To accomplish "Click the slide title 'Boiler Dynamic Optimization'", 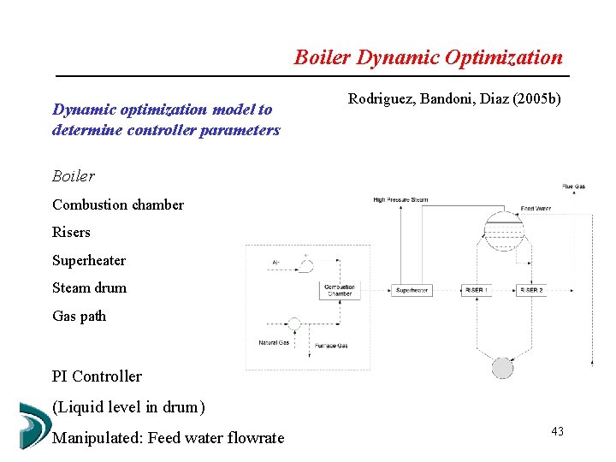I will (x=428, y=57).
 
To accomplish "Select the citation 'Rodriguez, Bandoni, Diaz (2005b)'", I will (x=454, y=99).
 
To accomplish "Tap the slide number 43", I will (x=557, y=431).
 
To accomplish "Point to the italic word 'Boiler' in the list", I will (x=74, y=176).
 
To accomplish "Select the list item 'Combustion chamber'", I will (x=118, y=204).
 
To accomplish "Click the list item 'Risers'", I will (x=71, y=232).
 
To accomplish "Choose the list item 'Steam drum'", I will (x=89, y=287).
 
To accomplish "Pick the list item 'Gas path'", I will (x=80, y=316).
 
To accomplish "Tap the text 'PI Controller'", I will (x=97, y=376).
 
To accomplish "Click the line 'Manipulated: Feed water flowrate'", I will (x=168, y=438).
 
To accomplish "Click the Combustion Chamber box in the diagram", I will (x=339, y=290).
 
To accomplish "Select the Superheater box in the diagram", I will (x=412, y=290).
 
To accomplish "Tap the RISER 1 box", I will (x=477, y=290).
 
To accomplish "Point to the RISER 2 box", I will (x=530, y=290).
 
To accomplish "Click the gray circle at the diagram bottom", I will (x=502, y=368).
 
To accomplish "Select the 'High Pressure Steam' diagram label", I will (x=400, y=200).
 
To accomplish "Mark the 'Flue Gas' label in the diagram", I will (x=573, y=186).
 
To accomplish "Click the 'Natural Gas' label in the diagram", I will (x=274, y=343).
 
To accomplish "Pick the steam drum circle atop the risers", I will (x=503, y=227).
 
